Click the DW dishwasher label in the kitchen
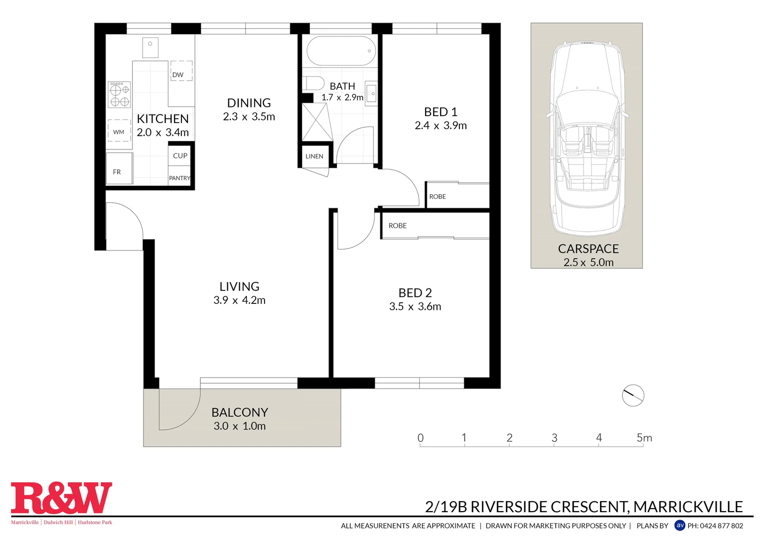tap(178, 75)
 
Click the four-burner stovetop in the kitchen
tap(119, 95)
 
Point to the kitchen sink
tap(150, 47)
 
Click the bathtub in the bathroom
tap(341, 51)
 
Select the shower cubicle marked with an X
tap(317, 123)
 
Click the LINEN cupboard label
tap(314, 156)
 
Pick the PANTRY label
tap(179, 178)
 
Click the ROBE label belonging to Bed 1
tap(438, 197)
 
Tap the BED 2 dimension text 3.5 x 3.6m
tap(415, 306)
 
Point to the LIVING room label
tap(239, 286)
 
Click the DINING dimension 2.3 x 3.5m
tap(249, 117)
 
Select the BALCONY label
tap(240, 412)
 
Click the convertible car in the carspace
tap(587, 139)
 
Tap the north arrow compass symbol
tap(633, 396)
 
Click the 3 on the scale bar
tap(554, 438)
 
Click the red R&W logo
tap(61, 498)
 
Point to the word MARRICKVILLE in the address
tap(688, 507)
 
